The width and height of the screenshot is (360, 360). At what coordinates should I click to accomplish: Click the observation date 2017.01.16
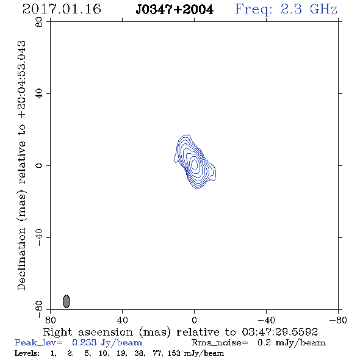tap(62, 9)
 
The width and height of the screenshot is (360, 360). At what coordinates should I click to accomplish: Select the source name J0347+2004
tap(175, 9)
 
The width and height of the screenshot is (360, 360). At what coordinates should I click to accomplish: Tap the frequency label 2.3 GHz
tap(309, 9)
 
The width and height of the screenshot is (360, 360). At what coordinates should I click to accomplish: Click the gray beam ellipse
tap(67, 301)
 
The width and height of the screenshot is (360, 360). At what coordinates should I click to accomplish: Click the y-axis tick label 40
tap(39, 94)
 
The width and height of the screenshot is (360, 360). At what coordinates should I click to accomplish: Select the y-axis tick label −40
tap(39, 237)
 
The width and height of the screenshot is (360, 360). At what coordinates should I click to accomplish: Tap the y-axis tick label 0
tap(39, 165)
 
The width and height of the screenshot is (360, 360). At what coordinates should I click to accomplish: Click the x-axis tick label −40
tap(266, 320)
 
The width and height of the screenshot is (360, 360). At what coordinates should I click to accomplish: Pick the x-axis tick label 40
tap(122, 320)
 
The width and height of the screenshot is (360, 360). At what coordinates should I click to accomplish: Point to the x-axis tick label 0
tap(194, 320)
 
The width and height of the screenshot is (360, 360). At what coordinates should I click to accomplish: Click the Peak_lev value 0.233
tap(84, 342)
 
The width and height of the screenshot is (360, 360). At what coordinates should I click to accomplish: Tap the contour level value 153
tap(174, 353)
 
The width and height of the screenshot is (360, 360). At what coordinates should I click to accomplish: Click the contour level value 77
tap(158, 353)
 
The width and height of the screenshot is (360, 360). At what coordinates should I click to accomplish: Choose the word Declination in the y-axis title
tap(21, 259)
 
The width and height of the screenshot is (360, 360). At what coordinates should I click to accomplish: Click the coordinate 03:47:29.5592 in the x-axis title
tap(279, 332)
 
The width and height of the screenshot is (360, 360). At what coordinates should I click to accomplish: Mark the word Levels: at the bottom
tap(27, 353)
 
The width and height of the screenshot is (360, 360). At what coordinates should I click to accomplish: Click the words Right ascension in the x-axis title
tap(88, 332)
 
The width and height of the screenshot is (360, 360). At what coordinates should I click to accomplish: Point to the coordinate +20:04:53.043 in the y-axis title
tap(22, 79)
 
